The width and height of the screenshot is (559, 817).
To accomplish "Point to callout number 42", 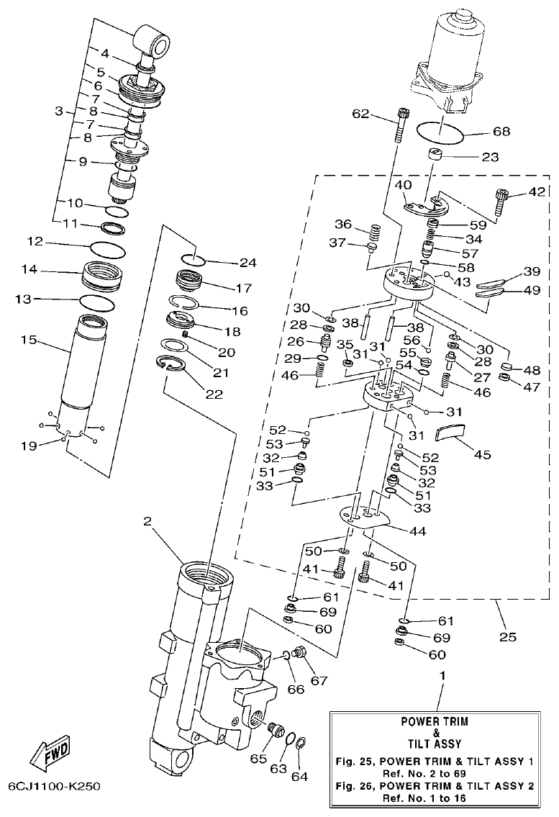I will (536, 191).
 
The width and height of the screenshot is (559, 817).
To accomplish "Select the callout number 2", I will (147, 523).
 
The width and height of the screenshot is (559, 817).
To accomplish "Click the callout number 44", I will (417, 531).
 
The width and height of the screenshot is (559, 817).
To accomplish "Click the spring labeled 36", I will (374, 234).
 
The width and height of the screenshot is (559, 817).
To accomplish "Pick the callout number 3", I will (60, 112).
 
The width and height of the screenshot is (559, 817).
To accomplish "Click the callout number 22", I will (213, 394).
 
